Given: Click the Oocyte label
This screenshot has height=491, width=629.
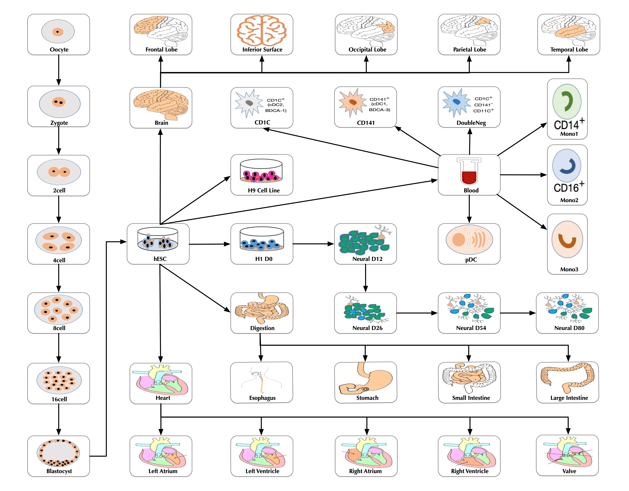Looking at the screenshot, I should coord(59,50).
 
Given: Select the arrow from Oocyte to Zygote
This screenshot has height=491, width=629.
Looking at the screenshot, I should coord(59,70).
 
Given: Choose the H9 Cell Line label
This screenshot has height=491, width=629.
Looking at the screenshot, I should coord(263,190).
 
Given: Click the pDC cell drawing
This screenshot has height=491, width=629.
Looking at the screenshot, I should coord(469,240).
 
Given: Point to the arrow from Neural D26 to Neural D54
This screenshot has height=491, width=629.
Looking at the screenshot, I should coord(417,313).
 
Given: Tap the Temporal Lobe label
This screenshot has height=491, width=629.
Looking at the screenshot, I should coord(569,50).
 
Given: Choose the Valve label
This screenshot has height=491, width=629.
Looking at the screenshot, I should coord(569,471).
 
